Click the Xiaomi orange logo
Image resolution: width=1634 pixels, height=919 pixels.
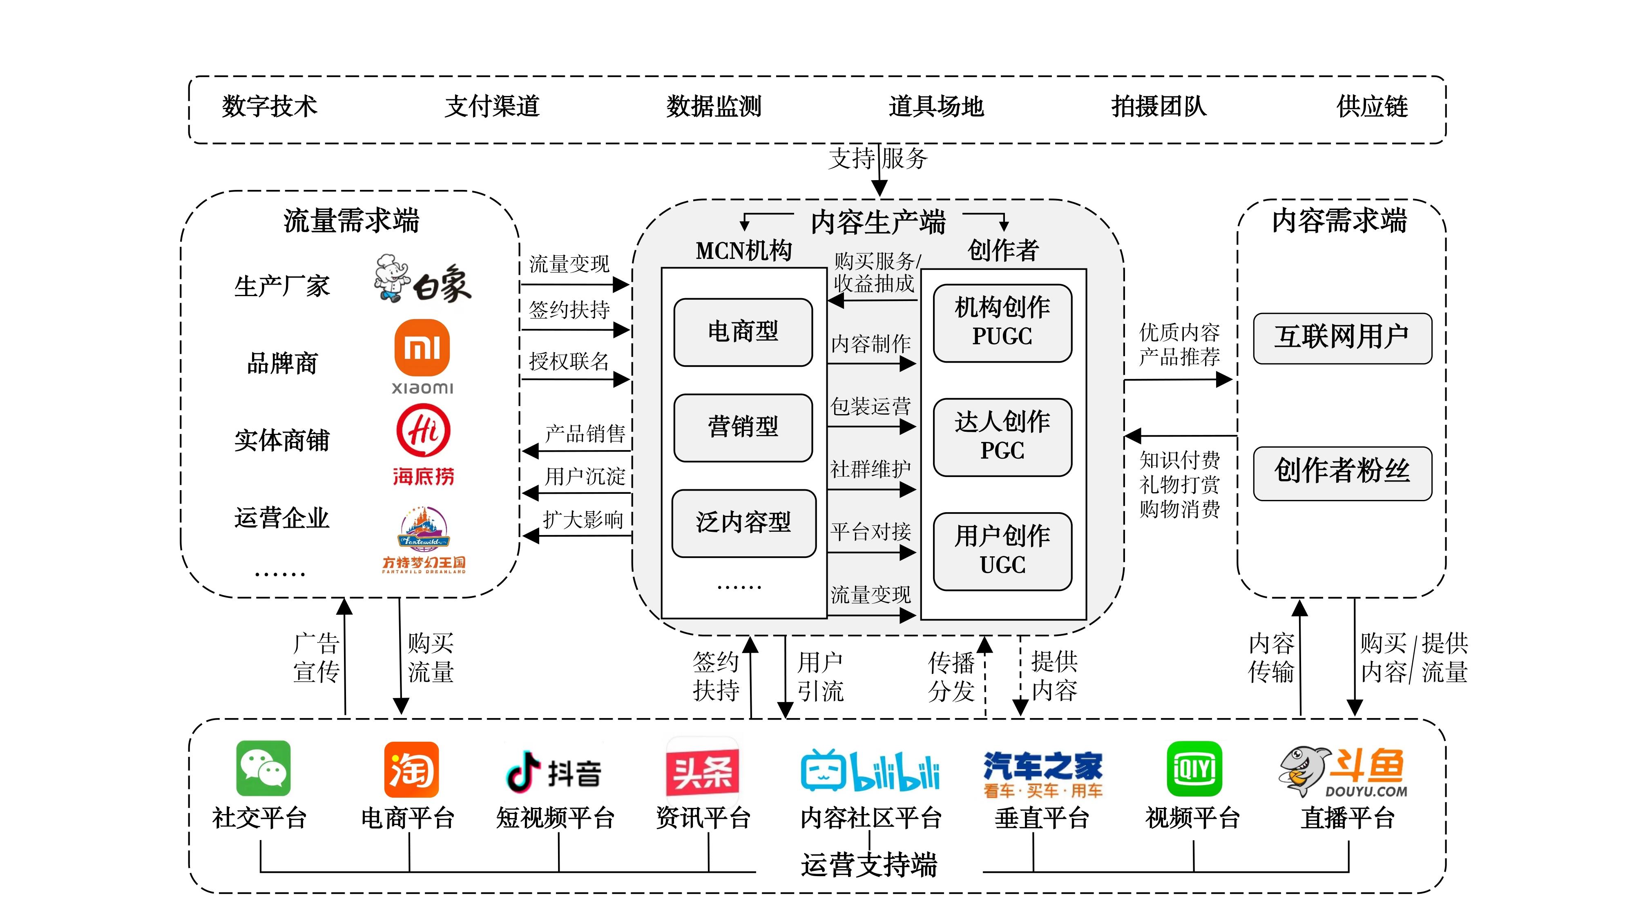422,348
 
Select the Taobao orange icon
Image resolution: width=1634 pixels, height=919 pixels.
411,769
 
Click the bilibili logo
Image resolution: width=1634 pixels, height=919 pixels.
870,771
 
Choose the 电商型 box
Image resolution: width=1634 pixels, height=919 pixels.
743,332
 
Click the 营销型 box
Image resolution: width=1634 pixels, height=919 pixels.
743,427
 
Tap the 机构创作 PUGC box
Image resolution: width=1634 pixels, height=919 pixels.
1002,322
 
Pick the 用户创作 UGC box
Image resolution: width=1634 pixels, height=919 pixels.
1002,551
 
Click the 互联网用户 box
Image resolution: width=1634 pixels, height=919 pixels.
1342,337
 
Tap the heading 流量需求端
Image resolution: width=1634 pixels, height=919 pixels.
351,221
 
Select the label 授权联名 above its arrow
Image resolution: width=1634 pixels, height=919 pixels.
569,361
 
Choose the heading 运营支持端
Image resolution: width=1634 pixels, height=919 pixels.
868,864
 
